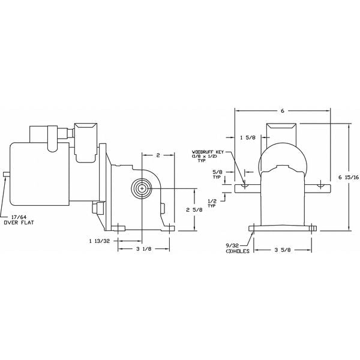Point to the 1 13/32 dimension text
click(98, 241)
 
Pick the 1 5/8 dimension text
click(246, 138)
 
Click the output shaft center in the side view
click(142, 188)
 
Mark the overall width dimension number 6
click(283, 111)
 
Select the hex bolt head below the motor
click(95, 209)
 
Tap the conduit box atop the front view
click(282, 132)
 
